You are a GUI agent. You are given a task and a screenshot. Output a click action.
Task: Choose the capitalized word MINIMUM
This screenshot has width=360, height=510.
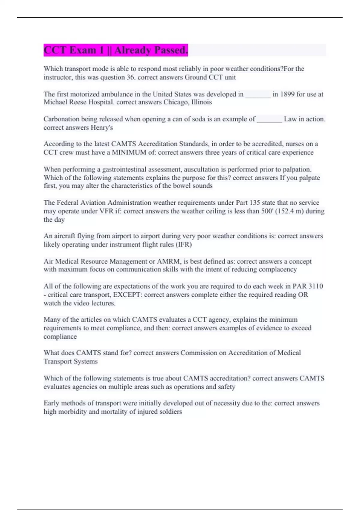coord(129,152)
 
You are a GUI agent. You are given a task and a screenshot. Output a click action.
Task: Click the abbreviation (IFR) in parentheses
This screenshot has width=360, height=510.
coord(184,244)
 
